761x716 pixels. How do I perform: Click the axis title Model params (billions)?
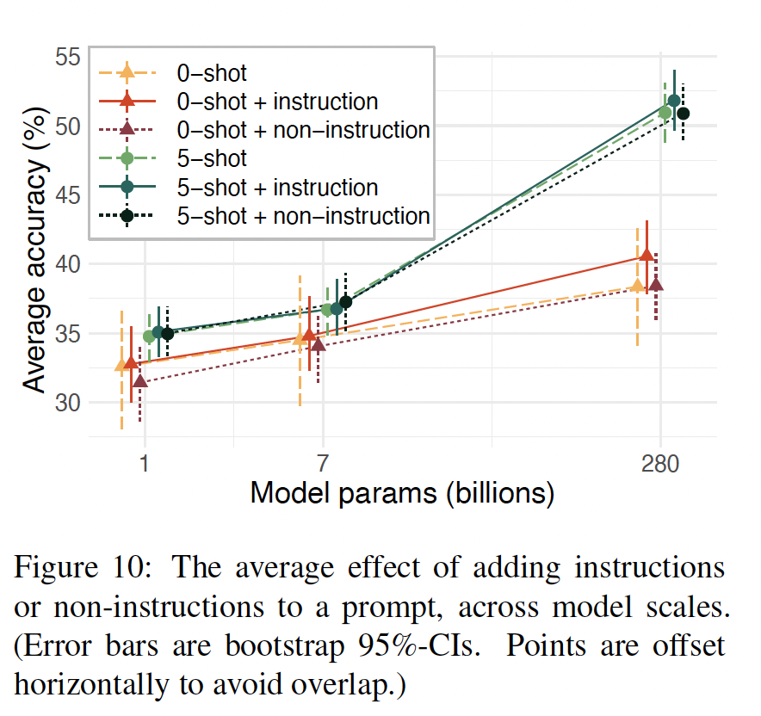coord(402,494)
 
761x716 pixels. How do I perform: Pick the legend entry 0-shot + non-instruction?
coord(302,130)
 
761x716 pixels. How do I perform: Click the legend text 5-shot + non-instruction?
coord(302,215)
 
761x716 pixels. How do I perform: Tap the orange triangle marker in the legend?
coord(127,72)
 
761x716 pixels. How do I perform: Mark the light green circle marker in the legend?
coord(127,158)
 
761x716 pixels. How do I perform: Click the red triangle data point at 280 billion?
coord(647,256)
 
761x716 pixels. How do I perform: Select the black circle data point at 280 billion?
coord(684,114)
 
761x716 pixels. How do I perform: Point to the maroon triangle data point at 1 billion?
coord(140,380)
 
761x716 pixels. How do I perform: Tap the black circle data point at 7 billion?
coord(345,302)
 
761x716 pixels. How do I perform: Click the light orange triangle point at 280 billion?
coord(637,286)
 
